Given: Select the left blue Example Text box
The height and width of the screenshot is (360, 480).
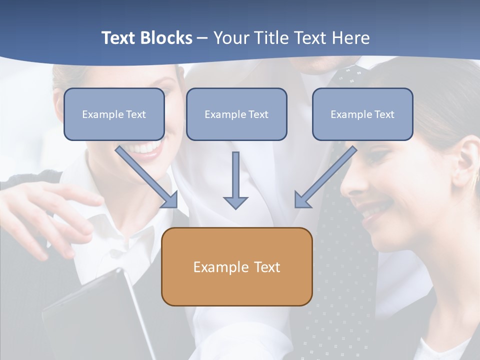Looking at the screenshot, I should (114, 114).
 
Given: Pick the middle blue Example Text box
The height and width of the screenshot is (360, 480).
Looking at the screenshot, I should (236, 114).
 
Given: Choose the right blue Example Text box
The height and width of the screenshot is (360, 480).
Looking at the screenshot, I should (362, 114).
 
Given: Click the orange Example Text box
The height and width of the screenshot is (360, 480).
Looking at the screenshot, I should (236, 266).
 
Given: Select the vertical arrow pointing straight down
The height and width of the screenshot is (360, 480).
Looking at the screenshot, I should (235, 180).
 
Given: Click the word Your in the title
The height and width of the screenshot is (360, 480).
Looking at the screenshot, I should (230, 38).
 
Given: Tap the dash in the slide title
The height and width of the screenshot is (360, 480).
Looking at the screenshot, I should (202, 38).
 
